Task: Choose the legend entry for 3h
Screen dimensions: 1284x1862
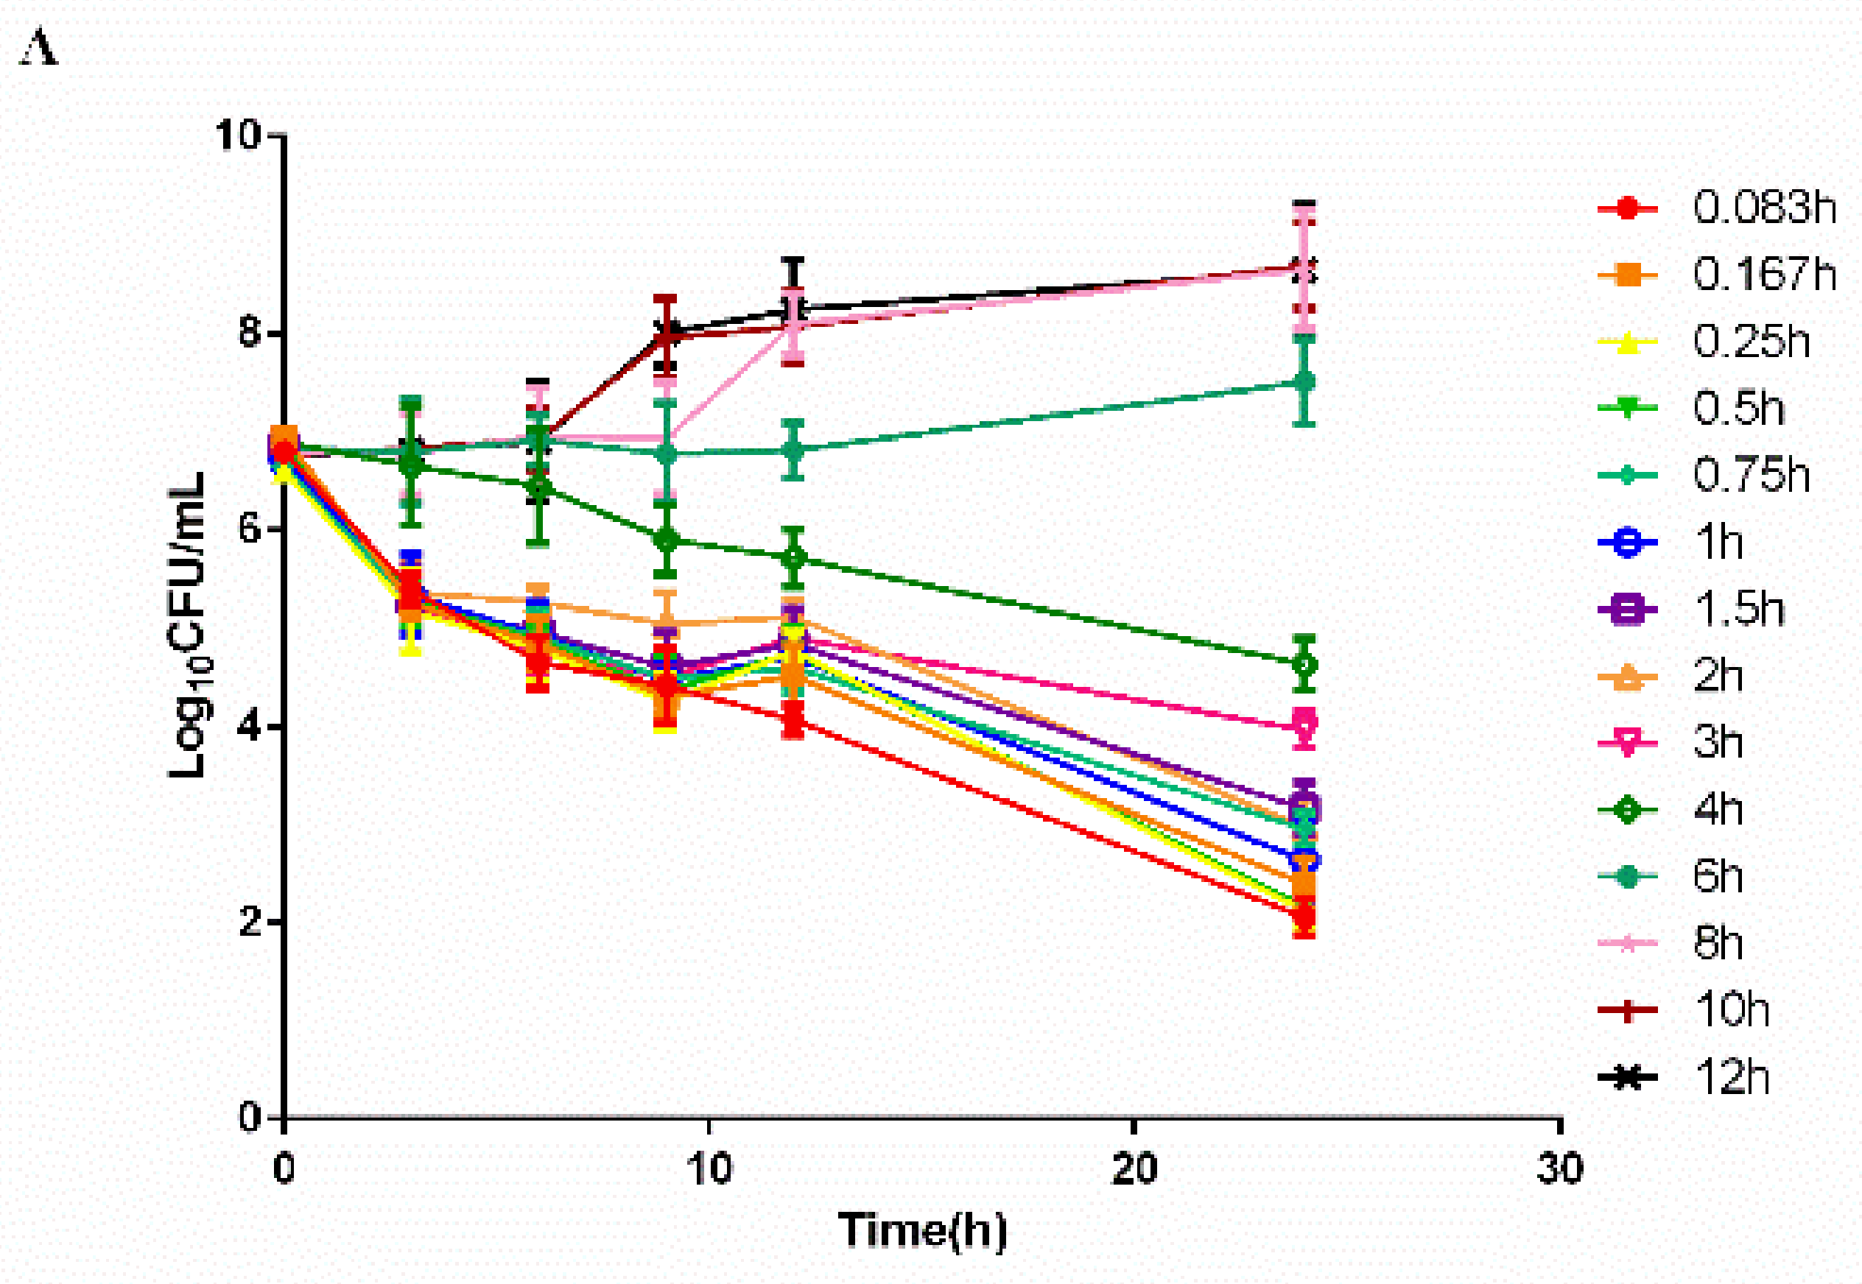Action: [1718, 741]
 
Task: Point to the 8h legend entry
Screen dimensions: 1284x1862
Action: [1718, 943]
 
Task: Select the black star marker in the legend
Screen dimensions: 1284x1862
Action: [1627, 1077]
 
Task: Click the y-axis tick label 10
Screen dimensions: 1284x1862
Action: [238, 135]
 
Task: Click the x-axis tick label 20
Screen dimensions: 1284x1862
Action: [1134, 1168]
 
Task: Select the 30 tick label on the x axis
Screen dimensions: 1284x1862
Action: [1559, 1168]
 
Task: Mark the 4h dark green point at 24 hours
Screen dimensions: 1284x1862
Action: [1304, 665]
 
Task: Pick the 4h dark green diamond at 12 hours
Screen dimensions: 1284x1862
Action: [793, 557]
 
